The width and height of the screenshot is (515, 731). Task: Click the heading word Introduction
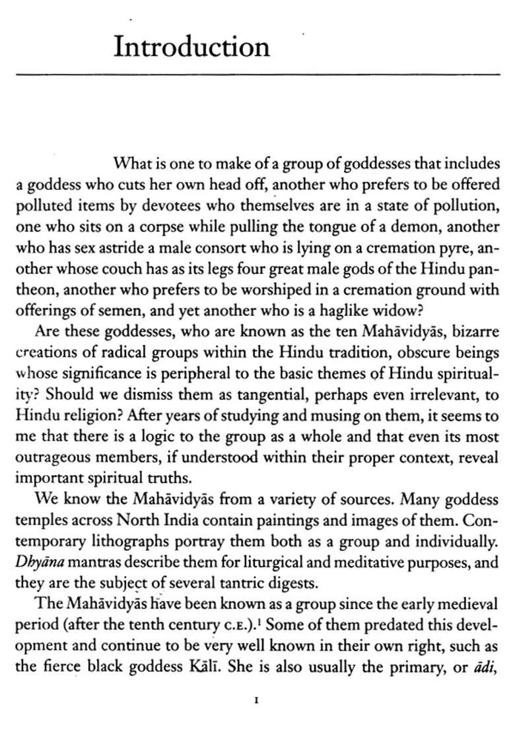191,47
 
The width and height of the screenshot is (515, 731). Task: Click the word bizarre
474,332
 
